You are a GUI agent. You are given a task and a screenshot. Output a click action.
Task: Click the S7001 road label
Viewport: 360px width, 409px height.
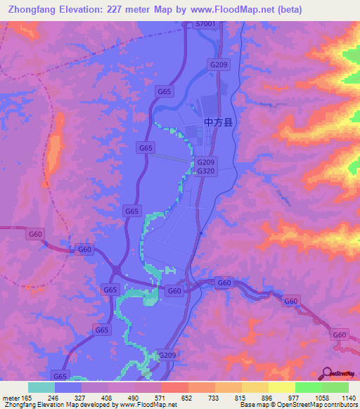(206, 24)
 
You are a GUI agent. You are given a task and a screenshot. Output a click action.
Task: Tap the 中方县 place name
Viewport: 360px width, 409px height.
(218, 122)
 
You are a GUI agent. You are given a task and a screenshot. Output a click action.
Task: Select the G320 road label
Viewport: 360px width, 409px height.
(206, 171)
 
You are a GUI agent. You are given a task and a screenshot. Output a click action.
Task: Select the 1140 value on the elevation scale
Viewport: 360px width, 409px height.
(347, 397)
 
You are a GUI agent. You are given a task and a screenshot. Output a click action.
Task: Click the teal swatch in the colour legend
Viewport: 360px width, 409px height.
(41, 387)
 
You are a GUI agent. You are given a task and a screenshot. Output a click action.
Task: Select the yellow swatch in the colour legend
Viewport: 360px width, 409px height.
(281, 387)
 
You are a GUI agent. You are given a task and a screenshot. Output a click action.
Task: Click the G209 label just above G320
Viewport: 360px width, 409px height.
(206, 162)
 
